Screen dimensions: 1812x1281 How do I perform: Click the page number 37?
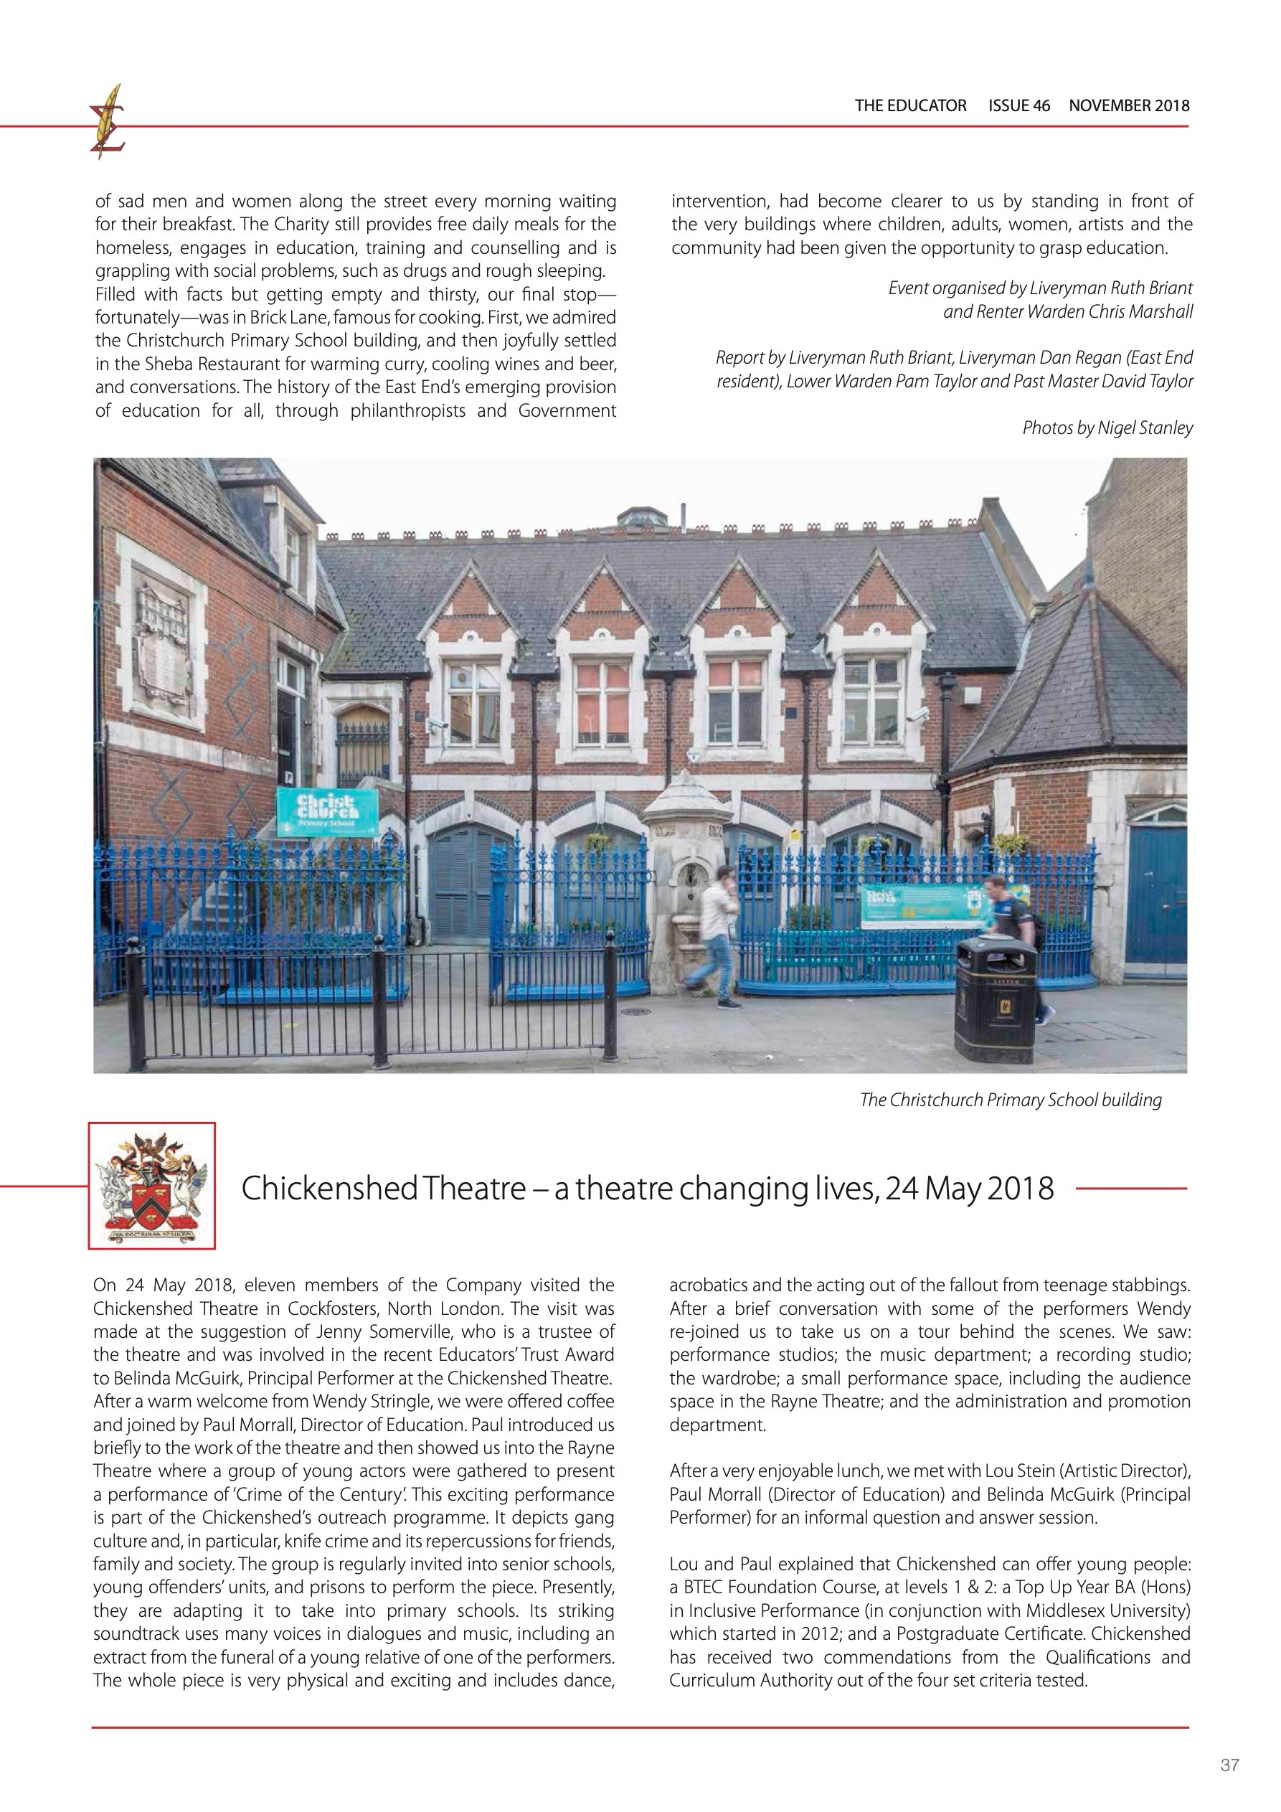[1229, 1765]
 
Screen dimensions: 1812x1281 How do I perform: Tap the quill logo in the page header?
[108, 121]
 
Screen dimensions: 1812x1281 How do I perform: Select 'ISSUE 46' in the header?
[1019, 105]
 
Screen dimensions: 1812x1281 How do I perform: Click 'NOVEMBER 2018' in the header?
[1129, 105]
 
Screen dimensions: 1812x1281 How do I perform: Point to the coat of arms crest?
[151, 1186]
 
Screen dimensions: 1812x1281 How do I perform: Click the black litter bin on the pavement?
[995, 1000]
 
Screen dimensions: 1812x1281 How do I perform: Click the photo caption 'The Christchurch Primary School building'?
[1011, 1100]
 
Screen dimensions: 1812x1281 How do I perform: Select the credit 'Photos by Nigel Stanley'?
[1107, 428]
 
